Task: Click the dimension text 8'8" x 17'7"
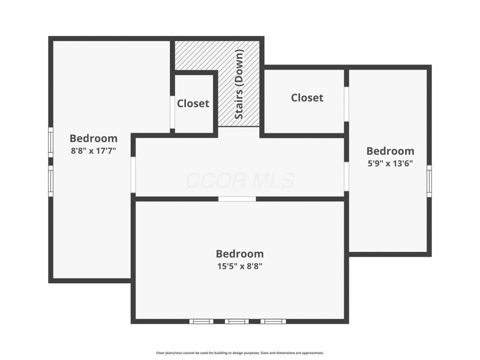tap(93, 151)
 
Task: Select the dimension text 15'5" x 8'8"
tap(239, 266)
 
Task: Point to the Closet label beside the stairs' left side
tap(193, 103)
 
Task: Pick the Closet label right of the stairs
tap(307, 97)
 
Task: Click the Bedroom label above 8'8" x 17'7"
tap(94, 138)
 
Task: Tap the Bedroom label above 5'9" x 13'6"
tap(390, 151)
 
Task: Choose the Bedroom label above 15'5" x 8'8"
tap(239, 254)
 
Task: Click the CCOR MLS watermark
tap(239, 181)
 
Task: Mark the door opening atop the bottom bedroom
tap(237, 199)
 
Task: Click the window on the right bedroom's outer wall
tap(429, 180)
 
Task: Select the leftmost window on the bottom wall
tap(201, 322)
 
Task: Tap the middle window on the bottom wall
tap(236, 322)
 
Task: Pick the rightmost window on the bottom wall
tap(272, 322)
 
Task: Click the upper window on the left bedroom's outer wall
tap(51, 142)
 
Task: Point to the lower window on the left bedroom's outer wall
tap(51, 181)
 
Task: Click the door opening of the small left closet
tap(172, 112)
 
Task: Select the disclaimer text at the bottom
tap(239, 353)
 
